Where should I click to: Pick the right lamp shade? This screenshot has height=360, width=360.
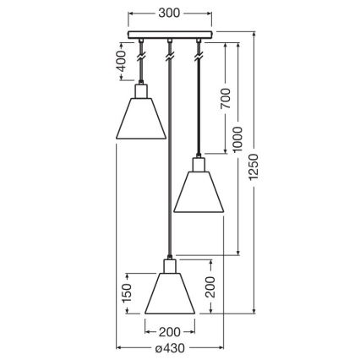pyautogui.click(x=199, y=190)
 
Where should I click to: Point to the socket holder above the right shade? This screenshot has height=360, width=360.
pyautogui.click(x=199, y=163)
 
